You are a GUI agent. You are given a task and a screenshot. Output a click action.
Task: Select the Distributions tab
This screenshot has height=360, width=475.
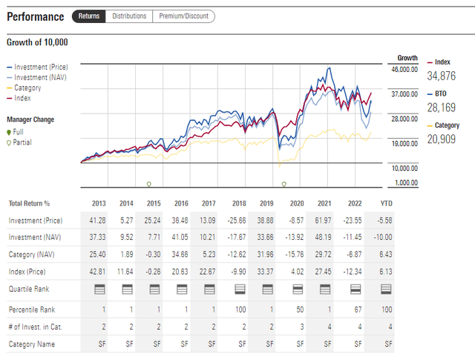tap(129, 16)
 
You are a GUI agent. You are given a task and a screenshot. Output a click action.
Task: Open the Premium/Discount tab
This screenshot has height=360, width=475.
tap(183, 16)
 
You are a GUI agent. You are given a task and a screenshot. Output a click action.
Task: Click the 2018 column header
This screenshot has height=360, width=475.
tap(239, 203)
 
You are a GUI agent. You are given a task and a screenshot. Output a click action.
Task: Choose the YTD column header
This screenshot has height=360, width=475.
tap(386, 203)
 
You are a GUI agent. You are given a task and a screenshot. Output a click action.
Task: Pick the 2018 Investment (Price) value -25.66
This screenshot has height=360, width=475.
tap(239, 220)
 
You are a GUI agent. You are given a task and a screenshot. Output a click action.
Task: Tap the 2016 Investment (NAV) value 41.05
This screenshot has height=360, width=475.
tap(181, 238)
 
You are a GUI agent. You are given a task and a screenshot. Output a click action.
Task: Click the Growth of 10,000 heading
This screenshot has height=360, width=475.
tap(37, 42)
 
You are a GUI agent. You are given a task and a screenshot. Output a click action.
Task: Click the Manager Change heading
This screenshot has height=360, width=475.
tap(30, 120)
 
